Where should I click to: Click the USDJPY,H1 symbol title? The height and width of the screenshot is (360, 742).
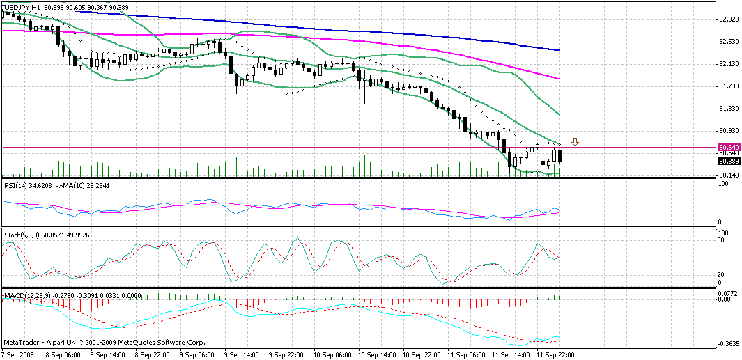22,7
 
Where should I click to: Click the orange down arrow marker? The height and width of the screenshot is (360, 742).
575,142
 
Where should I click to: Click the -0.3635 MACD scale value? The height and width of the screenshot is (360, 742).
729,344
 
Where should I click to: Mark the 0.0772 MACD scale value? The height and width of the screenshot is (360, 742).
728,294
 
